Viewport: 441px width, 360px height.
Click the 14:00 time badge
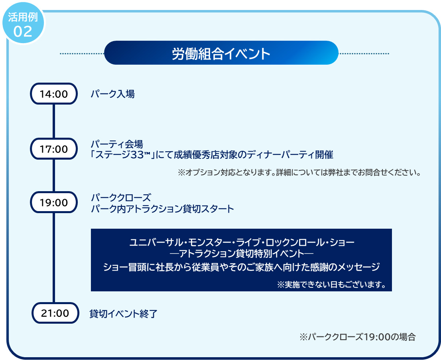[54, 94]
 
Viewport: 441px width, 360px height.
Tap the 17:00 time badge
[54, 149]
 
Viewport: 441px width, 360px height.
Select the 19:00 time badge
[54, 202]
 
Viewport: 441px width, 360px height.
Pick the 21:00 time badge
[55, 313]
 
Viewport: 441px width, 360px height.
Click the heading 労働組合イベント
[221, 53]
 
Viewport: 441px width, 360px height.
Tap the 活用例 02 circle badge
[24, 24]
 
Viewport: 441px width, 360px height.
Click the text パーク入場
[112, 94]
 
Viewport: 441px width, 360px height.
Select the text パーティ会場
[117, 144]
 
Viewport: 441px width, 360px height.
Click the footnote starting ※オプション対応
[299, 172]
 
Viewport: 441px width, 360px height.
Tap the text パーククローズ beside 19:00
[121, 198]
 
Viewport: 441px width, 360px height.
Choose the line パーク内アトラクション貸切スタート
[162, 209]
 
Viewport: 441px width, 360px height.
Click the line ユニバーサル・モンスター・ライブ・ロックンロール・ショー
[242, 242]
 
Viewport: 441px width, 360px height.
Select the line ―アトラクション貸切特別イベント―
[242, 253]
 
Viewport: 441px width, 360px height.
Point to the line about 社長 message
[242, 267]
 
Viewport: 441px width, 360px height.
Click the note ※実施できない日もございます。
[331, 285]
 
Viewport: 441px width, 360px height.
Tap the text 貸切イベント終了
[123, 314]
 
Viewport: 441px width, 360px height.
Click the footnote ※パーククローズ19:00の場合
[358, 336]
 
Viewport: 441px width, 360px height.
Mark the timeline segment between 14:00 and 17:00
[54, 121]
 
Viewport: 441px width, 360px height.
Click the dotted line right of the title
[364, 53]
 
